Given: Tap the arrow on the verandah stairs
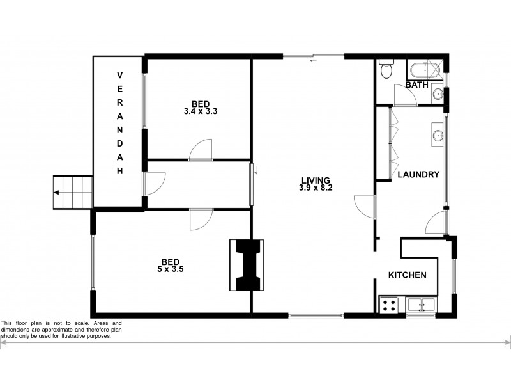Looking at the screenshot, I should click(58, 192).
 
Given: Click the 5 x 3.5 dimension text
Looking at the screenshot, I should click(170, 269).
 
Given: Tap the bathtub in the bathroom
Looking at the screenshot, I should click(424, 69).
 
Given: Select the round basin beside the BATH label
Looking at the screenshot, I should click(438, 94).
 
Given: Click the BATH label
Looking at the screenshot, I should click(416, 84).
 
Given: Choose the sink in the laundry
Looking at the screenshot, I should click(438, 135).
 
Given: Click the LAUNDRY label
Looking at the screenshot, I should click(418, 174).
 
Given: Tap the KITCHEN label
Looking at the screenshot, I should click(408, 275).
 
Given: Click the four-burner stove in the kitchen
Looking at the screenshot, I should click(388, 305).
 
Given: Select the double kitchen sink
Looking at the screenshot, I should click(421, 305).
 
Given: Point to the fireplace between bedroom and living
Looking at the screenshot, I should click(247, 265).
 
